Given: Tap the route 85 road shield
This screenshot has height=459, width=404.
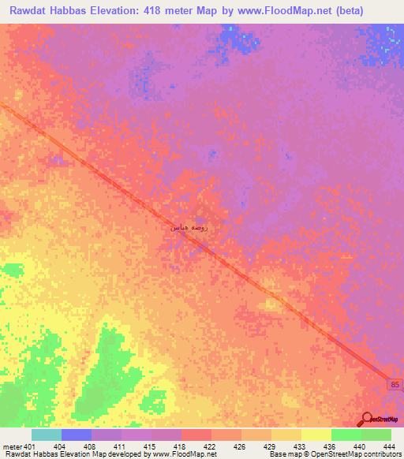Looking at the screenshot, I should pos(395,383).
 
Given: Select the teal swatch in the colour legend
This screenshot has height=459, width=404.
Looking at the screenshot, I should pos(46,435).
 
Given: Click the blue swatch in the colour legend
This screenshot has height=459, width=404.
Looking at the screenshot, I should pos(76,435).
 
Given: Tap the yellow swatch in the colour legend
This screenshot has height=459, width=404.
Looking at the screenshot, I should pos(316,435).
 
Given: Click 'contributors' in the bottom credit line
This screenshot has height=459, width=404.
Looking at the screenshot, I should pos(380,454).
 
